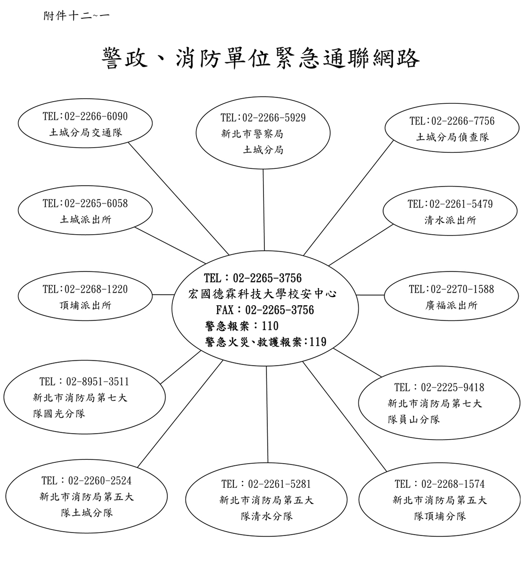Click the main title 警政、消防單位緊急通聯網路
[x=260, y=59]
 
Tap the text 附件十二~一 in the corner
[x=76, y=16]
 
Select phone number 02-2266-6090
[x=96, y=116]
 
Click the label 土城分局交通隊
[x=86, y=132]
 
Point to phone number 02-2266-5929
[x=274, y=118]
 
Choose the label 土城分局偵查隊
[x=453, y=137]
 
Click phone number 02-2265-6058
[x=96, y=203]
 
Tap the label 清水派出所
[x=450, y=220]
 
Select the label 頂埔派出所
[x=86, y=305]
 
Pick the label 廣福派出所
[x=451, y=305]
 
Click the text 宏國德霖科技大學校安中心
[x=262, y=294]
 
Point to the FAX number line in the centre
[x=265, y=310]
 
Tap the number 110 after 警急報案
[x=270, y=326]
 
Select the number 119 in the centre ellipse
[x=318, y=342]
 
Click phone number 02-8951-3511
[x=98, y=381]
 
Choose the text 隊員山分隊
[x=414, y=419]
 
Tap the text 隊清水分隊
[x=267, y=516]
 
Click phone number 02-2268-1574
[x=453, y=484]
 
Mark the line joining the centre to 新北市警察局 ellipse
[x=264, y=210]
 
